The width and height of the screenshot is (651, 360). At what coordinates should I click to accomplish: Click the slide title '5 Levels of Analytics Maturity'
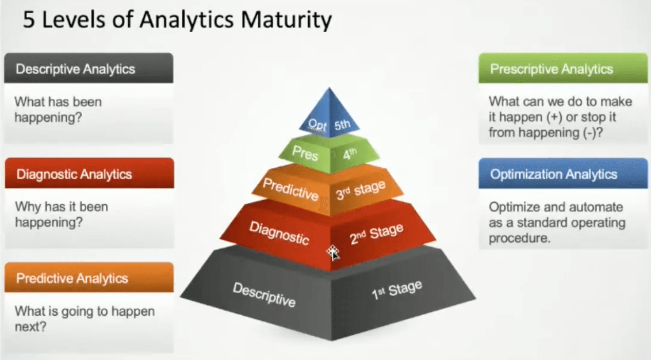pos(177,20)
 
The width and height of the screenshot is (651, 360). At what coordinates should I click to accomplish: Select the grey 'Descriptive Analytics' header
pos(89,68)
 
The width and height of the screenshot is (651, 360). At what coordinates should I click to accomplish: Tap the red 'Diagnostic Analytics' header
pos(89,173)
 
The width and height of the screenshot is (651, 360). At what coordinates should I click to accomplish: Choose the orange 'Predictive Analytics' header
pos(89,277)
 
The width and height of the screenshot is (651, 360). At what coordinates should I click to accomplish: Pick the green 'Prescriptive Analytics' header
pos(563,68)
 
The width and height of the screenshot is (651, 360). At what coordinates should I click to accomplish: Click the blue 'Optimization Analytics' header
pos(563,173)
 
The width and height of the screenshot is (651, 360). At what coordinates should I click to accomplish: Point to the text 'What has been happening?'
pos(58,110)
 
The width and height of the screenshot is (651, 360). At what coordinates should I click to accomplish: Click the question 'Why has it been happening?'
pos(62,215)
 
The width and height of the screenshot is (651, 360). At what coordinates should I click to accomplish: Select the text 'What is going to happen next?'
pos(85,319)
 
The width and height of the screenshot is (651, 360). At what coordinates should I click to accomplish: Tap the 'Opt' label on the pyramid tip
pos(317,125)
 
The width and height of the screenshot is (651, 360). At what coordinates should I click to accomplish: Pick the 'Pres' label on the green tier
pos(305,153)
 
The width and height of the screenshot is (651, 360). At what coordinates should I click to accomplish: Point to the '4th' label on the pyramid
pos(350,154)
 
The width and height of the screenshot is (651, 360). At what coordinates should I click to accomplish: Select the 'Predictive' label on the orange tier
pos(290,189)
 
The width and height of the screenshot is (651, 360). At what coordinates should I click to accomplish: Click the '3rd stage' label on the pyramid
pos(361,190)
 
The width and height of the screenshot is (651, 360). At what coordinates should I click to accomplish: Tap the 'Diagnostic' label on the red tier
pos(279,233)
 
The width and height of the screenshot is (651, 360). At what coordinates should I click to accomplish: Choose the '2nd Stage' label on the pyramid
pos(377,234)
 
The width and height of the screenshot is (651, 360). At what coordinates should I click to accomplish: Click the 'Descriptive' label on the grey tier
pos(264,294)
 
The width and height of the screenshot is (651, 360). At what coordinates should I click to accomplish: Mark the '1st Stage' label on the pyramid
pos(397,289)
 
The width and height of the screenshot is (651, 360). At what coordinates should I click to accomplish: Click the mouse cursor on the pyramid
pos(332,252)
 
